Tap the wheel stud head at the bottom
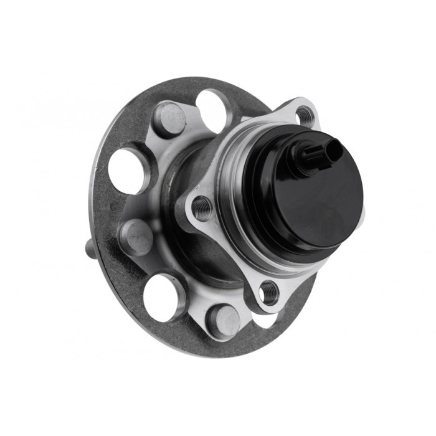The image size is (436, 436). pos(223,321)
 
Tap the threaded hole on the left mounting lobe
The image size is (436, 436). pos(202,208)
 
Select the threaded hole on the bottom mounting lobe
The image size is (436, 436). pos(269,291)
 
